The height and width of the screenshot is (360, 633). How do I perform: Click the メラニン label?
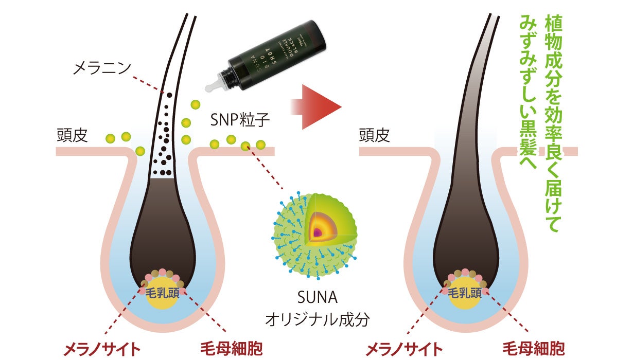(x=103, y=67)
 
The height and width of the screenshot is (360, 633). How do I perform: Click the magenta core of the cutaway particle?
(x=318, y=232)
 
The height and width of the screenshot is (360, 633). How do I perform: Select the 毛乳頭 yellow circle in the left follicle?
(x=162, y=294)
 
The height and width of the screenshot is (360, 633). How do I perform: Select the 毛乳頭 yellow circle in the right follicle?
(x=465, y=294)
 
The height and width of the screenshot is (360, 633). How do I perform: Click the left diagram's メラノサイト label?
(x=101, y=349)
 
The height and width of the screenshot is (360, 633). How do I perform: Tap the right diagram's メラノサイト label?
(x=404, y=349)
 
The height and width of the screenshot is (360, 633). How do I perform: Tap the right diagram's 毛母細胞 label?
(x=534, y=349)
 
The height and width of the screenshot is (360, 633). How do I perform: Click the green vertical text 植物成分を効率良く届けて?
(x=553, y=123)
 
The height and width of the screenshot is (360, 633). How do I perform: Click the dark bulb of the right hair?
(x=465, y=242)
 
